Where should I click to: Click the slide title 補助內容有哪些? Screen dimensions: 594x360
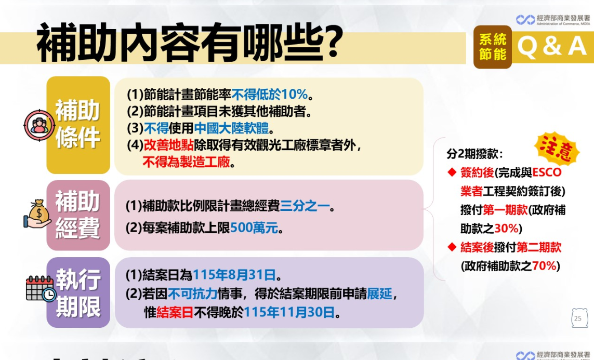(x=189, y=42)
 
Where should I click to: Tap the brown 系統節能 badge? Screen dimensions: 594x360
(x=493, y=47)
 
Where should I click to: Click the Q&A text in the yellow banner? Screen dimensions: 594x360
(x=552, y=46)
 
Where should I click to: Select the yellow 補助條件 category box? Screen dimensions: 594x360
(x=78, y=125)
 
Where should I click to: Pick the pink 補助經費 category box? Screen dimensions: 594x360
(x=78, y=215)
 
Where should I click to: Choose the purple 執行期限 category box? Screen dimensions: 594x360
(x=78, y=292)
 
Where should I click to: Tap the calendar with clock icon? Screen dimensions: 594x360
(x=41, y=289)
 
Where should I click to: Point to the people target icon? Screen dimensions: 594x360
(x=38, y=125)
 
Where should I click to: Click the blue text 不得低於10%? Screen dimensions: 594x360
(x=270, y=94)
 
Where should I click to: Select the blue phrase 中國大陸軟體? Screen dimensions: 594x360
(x=231, y=128)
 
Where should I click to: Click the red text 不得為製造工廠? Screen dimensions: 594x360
(x=187, y=162)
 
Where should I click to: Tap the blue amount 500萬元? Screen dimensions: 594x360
(x=254, y=228)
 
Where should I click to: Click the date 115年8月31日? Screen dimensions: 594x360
(x=234, y=275)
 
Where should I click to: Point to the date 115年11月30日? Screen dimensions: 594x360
(x=289, y=312)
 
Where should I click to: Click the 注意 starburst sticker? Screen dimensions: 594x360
(x=556, y=148)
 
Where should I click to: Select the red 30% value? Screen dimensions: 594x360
(x=506, y=228)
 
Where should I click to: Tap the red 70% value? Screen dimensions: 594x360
(x=544, y=266)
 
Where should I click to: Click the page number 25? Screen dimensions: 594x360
(x=578, y=318)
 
